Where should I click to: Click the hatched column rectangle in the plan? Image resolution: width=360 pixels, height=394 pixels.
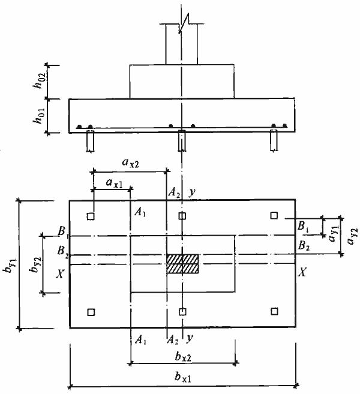[182, 264]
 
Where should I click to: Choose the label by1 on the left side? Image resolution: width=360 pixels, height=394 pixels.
[10, 264]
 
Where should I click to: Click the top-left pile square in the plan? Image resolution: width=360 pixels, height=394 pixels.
[91, 216]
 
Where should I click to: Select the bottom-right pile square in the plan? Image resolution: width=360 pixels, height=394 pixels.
[274, 311]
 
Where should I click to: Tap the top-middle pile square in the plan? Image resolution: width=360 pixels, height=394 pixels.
[182, 216]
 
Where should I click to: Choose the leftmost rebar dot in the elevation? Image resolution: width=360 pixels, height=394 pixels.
[79, 127]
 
